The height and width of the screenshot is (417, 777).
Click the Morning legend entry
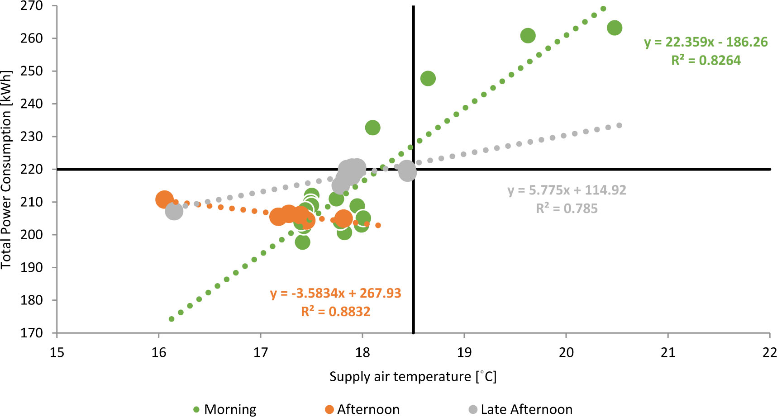tap(225, 409)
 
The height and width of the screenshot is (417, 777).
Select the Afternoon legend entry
tap(362, 409)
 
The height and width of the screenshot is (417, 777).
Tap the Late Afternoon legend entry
tap(520, 409)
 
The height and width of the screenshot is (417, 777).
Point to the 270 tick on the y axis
tap(32, 6)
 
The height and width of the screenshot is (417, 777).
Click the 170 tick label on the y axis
tap(32, 333)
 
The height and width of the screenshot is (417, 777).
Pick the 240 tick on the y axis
tap(32, 104)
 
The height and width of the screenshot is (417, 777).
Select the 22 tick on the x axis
tap(769, 352)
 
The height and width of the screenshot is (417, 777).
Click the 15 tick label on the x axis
tap(57, 352)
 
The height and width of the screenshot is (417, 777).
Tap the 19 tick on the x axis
tap(464, 352)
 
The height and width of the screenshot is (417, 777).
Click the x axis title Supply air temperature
tap(413, 377)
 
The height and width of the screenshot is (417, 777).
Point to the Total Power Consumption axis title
tap(6, 169)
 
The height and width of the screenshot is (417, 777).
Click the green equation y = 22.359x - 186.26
tap(705, 42)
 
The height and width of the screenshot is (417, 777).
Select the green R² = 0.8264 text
tap(705, 60)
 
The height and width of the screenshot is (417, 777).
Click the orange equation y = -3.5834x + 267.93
tap(335, 293)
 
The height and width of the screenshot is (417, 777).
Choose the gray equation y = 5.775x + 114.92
tap(567, 190)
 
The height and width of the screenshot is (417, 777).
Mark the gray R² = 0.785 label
tap(567, 208)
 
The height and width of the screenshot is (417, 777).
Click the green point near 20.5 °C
tap(614, 28)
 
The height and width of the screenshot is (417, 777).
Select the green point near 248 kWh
tap(428, 79)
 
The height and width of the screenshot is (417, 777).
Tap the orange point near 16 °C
tap(164, 199)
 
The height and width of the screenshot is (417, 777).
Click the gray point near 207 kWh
tap(174, 211)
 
